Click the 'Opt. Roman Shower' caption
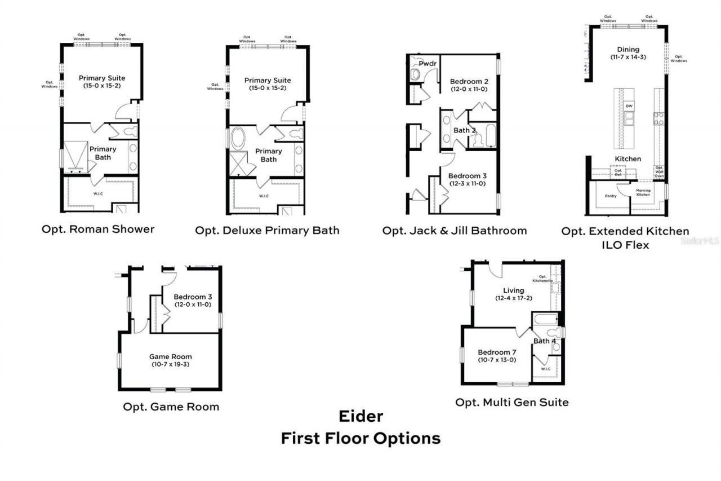[97, 229]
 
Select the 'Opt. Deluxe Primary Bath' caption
[267, 230]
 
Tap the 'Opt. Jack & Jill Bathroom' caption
[454, 230]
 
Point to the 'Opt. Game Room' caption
[171, 407]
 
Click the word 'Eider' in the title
[360, 417]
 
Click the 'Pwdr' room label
[428, 64]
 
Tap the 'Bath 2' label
[465, 130]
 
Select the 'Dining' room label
[628, 50]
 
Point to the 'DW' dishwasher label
[629, 106]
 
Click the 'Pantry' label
[610, 196]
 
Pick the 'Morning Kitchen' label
[643, 192]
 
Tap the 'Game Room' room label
[170, 356]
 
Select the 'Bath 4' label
[545, 341]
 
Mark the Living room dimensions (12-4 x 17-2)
[513, 298]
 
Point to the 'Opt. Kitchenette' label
[543, 279]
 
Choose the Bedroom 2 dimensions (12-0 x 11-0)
[469, 89]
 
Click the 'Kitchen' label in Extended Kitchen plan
[627, 158]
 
